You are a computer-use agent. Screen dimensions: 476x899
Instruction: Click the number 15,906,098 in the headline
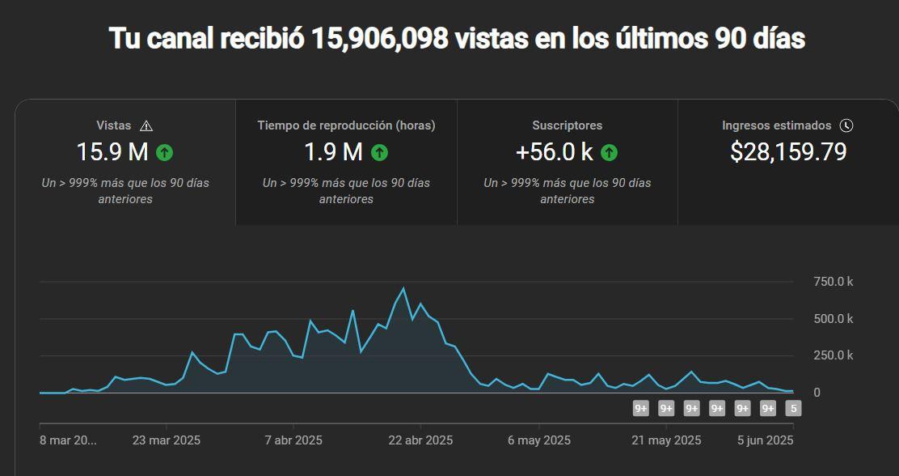click(x=380, y=38)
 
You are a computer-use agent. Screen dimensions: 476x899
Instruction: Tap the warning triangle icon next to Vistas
click(x=146, y=125)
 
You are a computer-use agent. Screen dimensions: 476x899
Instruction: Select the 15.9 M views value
click(x=112, y=151)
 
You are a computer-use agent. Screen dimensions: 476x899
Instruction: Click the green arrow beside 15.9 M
click(x=165, y=151)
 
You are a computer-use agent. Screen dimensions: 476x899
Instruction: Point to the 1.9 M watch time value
click(x=333, y=151)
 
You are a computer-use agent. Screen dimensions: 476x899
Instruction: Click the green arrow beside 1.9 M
click(x=379, y=151)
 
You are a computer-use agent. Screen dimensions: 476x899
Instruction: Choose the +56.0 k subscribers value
click(x=555, y=151)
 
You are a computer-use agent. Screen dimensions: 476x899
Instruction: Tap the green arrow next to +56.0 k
click(x=609, y=151)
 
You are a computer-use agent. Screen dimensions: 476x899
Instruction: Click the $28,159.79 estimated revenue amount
click(x=788, y=151)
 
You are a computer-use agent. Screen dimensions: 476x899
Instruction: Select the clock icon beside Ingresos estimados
click(x=846, y=125)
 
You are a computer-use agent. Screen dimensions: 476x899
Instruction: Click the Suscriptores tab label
click(x=567, y=125)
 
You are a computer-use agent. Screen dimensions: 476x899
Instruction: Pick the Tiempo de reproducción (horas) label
click(x=346, y=125)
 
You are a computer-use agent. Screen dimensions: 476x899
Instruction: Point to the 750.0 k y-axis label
click(x=833, y=282)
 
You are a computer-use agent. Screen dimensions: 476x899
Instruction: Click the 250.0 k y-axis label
click(x=833, y=355)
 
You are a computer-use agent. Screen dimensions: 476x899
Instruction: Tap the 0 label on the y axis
click(x=817, y=393)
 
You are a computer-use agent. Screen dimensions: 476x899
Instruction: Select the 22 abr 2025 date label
click(x=420, y=440)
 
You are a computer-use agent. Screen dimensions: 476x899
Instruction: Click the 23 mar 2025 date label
click(x=166, y=440)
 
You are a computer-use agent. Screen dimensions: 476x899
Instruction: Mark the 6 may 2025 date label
click(x=539, y=440)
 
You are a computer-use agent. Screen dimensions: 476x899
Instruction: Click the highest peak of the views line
click(x=403, y=288)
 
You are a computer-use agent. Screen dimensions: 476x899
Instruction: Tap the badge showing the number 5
click(x=794, y=409)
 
